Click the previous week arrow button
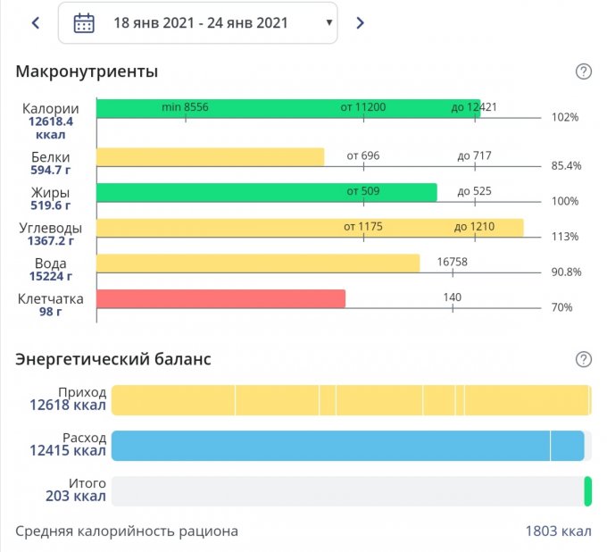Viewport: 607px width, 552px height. (36, 23)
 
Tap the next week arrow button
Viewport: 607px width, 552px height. (360, 23)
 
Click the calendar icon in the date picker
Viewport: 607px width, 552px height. (84, 23)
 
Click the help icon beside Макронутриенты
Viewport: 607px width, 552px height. (584, 72)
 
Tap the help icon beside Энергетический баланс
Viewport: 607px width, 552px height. (584, 359)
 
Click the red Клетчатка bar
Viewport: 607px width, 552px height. (220, 298)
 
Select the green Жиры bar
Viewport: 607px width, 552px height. (266, 192)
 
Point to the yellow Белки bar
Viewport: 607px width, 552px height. (210, 157)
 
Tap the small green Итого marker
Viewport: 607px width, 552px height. (587, 491)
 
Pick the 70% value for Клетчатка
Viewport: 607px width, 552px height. (561, 307)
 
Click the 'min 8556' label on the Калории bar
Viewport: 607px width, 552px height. (185, 107)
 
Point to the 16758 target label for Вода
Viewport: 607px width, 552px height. (453, 262)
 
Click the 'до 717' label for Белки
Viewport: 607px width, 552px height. (474, 155)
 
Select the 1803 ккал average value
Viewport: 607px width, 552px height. (558, 531)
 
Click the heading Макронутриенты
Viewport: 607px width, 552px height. (87, 71)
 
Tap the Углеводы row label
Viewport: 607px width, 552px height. (50, 228)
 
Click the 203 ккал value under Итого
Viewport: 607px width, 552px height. (76, 497)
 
